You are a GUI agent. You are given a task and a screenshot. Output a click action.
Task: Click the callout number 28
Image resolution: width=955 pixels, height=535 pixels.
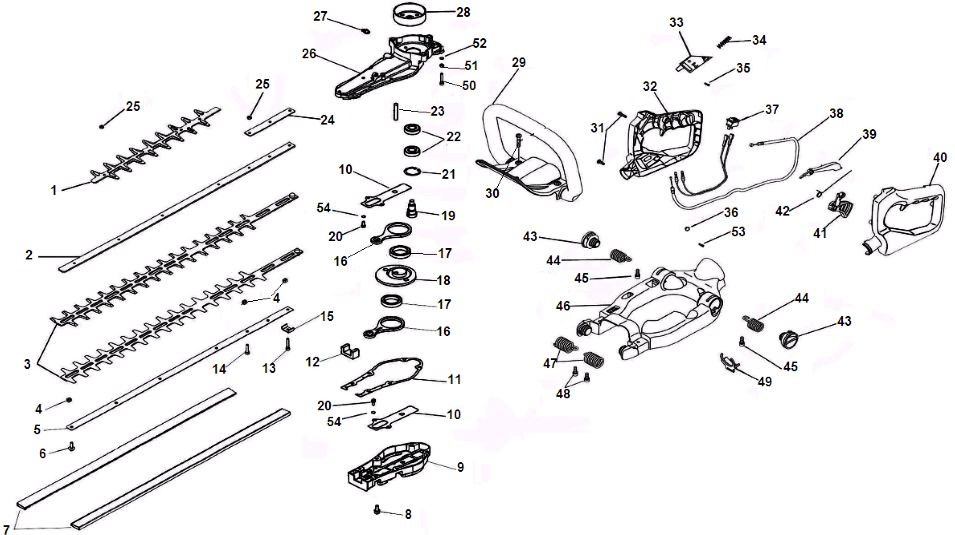[463, 12]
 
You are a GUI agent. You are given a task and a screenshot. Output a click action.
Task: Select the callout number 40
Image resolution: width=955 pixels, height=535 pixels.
[940, 158]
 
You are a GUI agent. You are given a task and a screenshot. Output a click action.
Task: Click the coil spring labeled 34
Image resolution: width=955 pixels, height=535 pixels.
[724, 42]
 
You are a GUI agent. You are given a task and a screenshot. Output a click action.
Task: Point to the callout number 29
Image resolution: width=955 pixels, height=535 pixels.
[518, 63]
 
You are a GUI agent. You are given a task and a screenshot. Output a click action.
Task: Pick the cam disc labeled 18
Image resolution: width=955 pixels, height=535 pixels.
[395, 275]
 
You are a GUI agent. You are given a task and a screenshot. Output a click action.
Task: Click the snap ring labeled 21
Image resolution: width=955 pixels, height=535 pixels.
[412, 172]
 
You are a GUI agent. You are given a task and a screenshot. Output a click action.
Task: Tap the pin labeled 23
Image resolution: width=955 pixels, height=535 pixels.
[396, 111]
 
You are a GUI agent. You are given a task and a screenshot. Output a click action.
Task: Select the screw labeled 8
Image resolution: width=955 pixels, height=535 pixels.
[377, 510]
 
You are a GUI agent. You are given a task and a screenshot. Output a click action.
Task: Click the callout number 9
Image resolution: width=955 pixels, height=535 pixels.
[460, 467]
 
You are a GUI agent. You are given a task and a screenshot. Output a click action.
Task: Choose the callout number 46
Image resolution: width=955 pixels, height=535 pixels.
[562, 306]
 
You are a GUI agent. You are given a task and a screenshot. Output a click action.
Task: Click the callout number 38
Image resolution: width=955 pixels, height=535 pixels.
[836, 114]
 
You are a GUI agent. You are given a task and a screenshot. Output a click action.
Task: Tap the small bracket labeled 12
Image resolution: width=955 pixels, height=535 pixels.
[349, 351]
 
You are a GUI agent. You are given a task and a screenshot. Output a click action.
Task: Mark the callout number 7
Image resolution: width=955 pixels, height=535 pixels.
[6, 529]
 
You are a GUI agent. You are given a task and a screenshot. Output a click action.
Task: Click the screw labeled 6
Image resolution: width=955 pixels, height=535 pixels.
[71, 447]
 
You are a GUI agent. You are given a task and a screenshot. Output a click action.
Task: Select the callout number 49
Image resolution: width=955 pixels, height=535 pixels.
[764, 382]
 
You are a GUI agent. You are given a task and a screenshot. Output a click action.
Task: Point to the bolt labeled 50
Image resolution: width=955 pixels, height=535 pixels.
[442, 79]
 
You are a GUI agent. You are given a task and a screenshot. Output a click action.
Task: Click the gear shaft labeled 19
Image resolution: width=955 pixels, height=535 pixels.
[412, 209]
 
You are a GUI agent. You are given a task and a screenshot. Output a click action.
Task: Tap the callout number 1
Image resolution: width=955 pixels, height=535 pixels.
[54, 190]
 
